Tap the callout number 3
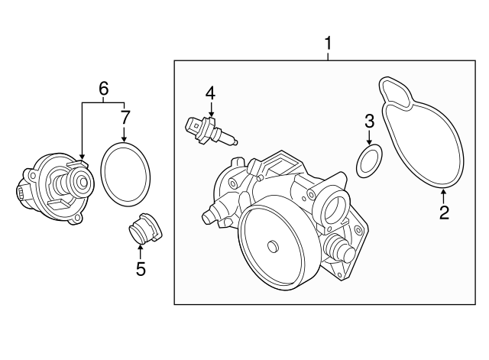click(368, 121)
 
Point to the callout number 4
click(210, 94)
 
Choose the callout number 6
click(103, 88)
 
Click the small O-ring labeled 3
click(368, 162)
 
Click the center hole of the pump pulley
click(272, 246)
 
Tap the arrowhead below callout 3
click(368, 144)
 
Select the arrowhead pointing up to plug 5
click(140, 247)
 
